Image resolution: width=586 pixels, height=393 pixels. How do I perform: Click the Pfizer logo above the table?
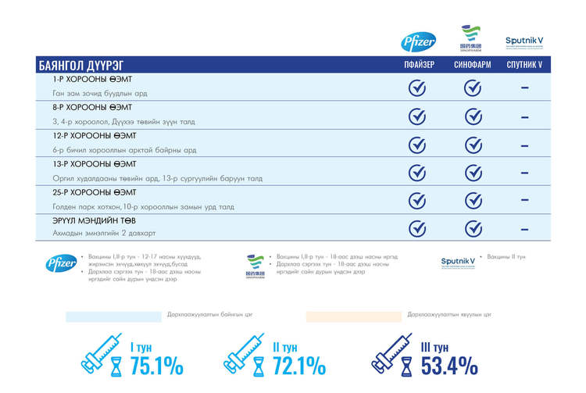pyautogui.click(x=418, y=41)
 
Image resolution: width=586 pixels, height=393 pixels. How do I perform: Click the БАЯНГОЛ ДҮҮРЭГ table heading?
pyautogui.click(x=80, y=65)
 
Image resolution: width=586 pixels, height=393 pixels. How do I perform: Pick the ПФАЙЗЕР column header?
pyautogui.click(x=418, y=65)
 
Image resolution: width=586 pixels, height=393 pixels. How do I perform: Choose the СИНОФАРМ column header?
pyautogui.click(x=472, y=65)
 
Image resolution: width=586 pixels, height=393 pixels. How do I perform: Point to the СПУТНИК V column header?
pyautogui.click(x=523, y=65)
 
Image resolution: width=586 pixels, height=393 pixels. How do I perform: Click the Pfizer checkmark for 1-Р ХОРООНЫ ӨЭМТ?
pyautogui.click(x=418, y=88)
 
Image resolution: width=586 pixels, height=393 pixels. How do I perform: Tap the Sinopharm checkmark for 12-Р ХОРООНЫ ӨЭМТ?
pyautogui.click(x=473, y=144)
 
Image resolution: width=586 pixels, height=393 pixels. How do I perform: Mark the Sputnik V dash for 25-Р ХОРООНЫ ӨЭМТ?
pyautogui.click(x=524, y=201)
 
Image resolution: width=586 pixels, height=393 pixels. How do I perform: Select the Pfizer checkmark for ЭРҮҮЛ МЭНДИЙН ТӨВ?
pyautogui.click(x=418, y=228)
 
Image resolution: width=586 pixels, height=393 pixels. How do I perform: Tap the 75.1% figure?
pyautogui.click(x=156, y=365)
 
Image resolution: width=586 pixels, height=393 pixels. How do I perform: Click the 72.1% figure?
pyautogui.click(x=299, y=365)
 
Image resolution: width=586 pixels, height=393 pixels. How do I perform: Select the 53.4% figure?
pyautogui.click(x=448, y=365)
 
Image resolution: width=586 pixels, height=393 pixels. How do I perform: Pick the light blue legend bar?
pyautogui.click(x=113, y=316)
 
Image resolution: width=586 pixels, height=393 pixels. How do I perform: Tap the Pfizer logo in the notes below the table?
pyautogui.click(x=61, y=264)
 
